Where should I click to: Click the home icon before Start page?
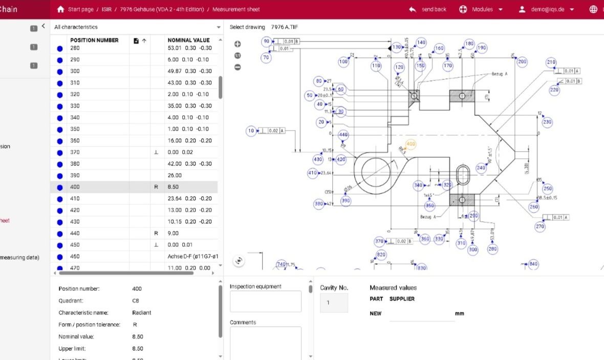[x=61, y=9]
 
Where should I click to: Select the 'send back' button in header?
[x=428, y=9]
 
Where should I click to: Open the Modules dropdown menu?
[x=481, y=9]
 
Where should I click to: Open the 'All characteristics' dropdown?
[x=137, y=27]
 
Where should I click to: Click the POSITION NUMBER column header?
[x=94, y=40]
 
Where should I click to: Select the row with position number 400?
[x=133, y=187]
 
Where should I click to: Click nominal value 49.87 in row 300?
[x=189, y=71]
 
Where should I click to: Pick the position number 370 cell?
[x=75, y=152]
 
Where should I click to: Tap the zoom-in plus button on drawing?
[x=238, y=45]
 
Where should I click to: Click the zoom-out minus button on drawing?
[x=238, y=67]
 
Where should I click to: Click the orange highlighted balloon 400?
[x=411, y=144]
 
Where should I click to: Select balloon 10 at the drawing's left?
[x=251, y=131]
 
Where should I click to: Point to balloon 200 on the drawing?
[x=522, y=61]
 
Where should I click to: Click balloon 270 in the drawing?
[x=540, y=226]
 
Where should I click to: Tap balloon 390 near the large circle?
[x=346, y=201]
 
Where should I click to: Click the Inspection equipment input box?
[x=265, y=301]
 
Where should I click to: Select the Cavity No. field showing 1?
[x=334, y=303]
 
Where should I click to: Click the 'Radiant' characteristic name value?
[x=142, y=312]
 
